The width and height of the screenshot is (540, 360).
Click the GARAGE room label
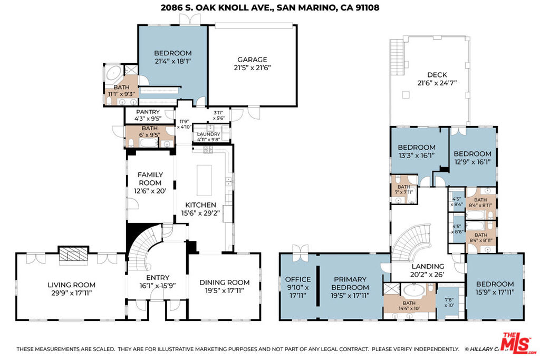[252, 60]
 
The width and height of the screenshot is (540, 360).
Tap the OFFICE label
[298, 279]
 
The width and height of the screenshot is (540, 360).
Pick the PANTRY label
[148, 112]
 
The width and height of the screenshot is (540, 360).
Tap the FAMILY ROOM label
[150, 179]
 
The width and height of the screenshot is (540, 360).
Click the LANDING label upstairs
[428, 267]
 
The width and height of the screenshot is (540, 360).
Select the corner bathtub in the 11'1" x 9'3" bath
[113, 73]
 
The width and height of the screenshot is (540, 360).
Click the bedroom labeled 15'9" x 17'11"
[495, 284]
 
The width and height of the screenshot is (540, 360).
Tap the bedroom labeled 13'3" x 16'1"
[417, 147]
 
